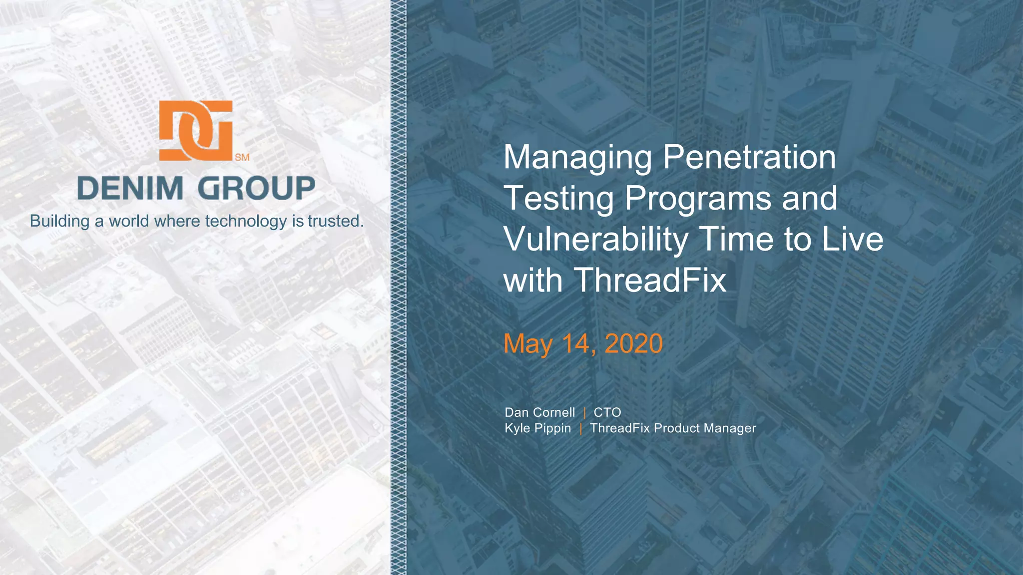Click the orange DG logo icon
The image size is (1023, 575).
(196, 130)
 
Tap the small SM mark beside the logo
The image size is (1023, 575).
(242, 158)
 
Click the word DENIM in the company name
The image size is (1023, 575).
(130, 189)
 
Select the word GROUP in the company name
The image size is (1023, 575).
(256, 189)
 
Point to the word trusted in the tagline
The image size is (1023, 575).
(335, 221)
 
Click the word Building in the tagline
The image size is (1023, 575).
(59, 221)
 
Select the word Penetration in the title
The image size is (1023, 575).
(749, 157)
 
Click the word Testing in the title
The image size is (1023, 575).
(559, 199)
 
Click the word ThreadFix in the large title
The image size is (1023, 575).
(650, 280)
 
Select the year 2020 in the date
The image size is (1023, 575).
(633, 344)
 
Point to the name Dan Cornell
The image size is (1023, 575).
(539, 412)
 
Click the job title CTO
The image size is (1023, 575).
(607, 412)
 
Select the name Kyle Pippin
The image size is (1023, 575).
(537, 428)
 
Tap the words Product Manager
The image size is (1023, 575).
(705, 428)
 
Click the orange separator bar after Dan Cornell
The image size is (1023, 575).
(584, 413)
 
